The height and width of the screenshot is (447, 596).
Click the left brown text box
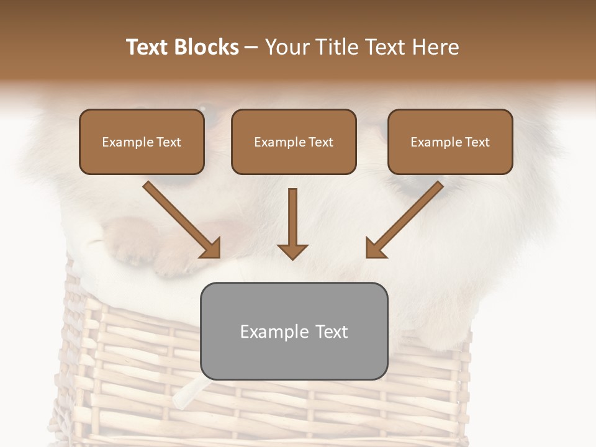tap(142, 142)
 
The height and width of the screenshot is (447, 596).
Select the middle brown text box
tap(294, 142)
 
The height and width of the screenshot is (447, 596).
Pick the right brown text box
tap(450, 142)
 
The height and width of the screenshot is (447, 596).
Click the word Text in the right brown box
tap(477, 142)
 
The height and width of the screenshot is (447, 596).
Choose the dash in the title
tap(252, 47)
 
